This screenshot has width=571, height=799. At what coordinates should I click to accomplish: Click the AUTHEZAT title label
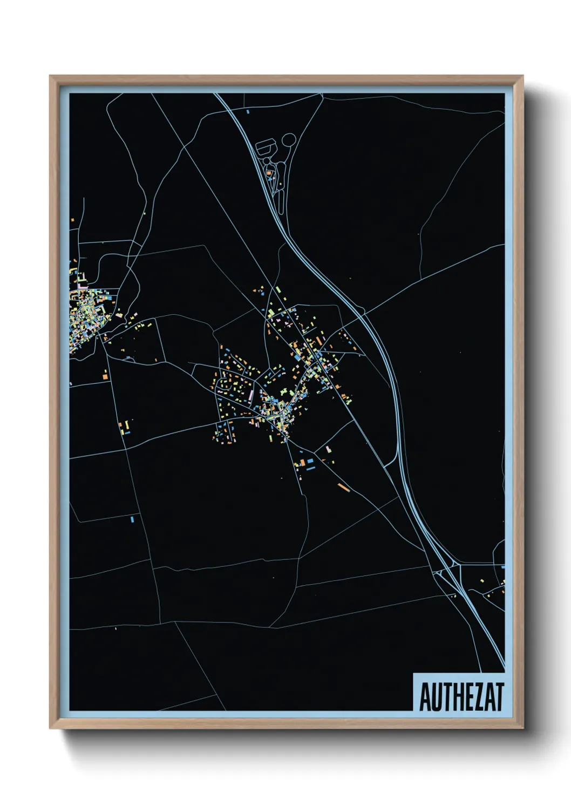461,696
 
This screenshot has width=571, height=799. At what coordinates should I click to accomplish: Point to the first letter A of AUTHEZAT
424,697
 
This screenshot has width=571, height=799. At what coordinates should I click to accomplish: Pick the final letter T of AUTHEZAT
499,697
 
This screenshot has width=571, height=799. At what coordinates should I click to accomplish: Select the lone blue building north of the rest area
247,112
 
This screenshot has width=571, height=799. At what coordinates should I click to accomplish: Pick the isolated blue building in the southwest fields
132,519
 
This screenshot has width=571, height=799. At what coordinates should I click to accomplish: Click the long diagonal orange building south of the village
344,487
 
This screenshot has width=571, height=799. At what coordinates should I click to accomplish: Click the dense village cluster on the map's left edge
84,319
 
